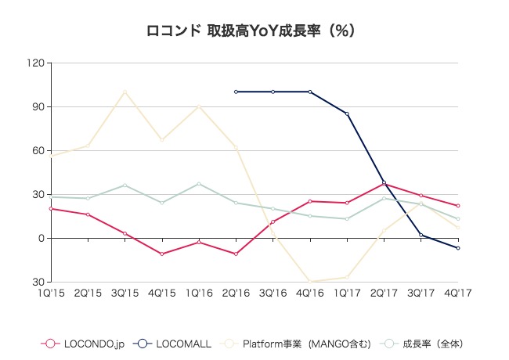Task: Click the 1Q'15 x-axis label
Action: tap(51, 293)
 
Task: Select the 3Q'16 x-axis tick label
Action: tap(273, 293)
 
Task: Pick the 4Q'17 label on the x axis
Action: tap(457, 293)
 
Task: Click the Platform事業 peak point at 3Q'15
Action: tap(125, 92)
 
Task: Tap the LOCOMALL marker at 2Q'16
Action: tap(236, 92)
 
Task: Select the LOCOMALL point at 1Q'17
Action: tap(347, 113)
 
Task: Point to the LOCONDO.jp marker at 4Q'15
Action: tap(162, 254)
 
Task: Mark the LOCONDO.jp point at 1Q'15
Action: tap(51, 208)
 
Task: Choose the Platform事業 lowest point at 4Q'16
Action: tap(310, 281)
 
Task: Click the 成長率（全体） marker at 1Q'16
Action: tap(199, 184)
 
